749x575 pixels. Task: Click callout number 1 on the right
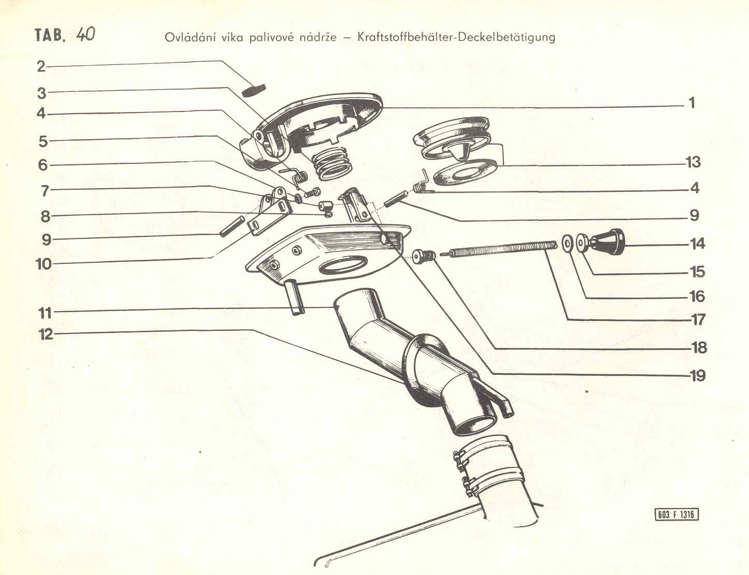point(692,103)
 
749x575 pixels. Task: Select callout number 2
point(41,66)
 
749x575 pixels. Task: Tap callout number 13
point(693,162)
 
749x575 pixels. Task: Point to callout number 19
point(698,375)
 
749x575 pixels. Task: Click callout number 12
point(46,334)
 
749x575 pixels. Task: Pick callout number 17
point(698,320)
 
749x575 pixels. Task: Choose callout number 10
point(44,264)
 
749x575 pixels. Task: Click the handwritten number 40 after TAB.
point(85,35)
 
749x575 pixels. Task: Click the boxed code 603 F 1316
point(676,514)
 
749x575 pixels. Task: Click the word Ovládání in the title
point(191,37)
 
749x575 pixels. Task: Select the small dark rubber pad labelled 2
point(254,90)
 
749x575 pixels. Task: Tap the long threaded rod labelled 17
point(498,250)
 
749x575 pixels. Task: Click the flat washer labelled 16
point(567,244)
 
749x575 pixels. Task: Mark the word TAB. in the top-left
point(50,35)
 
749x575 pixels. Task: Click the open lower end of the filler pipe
point(476,426)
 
